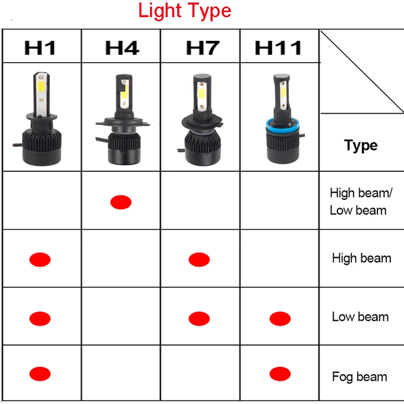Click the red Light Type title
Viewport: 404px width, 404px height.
(184, 11)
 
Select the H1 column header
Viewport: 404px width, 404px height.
(40, 48)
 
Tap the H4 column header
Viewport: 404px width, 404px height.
(122, 48)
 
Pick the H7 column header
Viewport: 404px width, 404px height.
(203, 48)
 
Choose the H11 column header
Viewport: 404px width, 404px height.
(278, 48)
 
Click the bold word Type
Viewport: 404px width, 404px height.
(361, 145)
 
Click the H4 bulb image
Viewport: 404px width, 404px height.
(123, 119)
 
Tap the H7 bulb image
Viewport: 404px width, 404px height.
(203, 120)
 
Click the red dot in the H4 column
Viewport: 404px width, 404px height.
(121, 203)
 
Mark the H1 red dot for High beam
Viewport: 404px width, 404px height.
(40, 260)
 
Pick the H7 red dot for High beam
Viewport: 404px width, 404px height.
(199, 260)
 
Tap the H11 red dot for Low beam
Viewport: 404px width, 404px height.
(280, 319)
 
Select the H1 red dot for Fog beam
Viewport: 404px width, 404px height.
(40, 374)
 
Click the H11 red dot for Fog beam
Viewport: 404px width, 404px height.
(280, 374)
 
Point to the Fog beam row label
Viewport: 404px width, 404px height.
(360, 377)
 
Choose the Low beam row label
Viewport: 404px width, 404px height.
(361, 317)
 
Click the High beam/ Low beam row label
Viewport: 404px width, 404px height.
(361, 201)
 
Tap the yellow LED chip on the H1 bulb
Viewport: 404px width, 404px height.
(41, 88)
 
